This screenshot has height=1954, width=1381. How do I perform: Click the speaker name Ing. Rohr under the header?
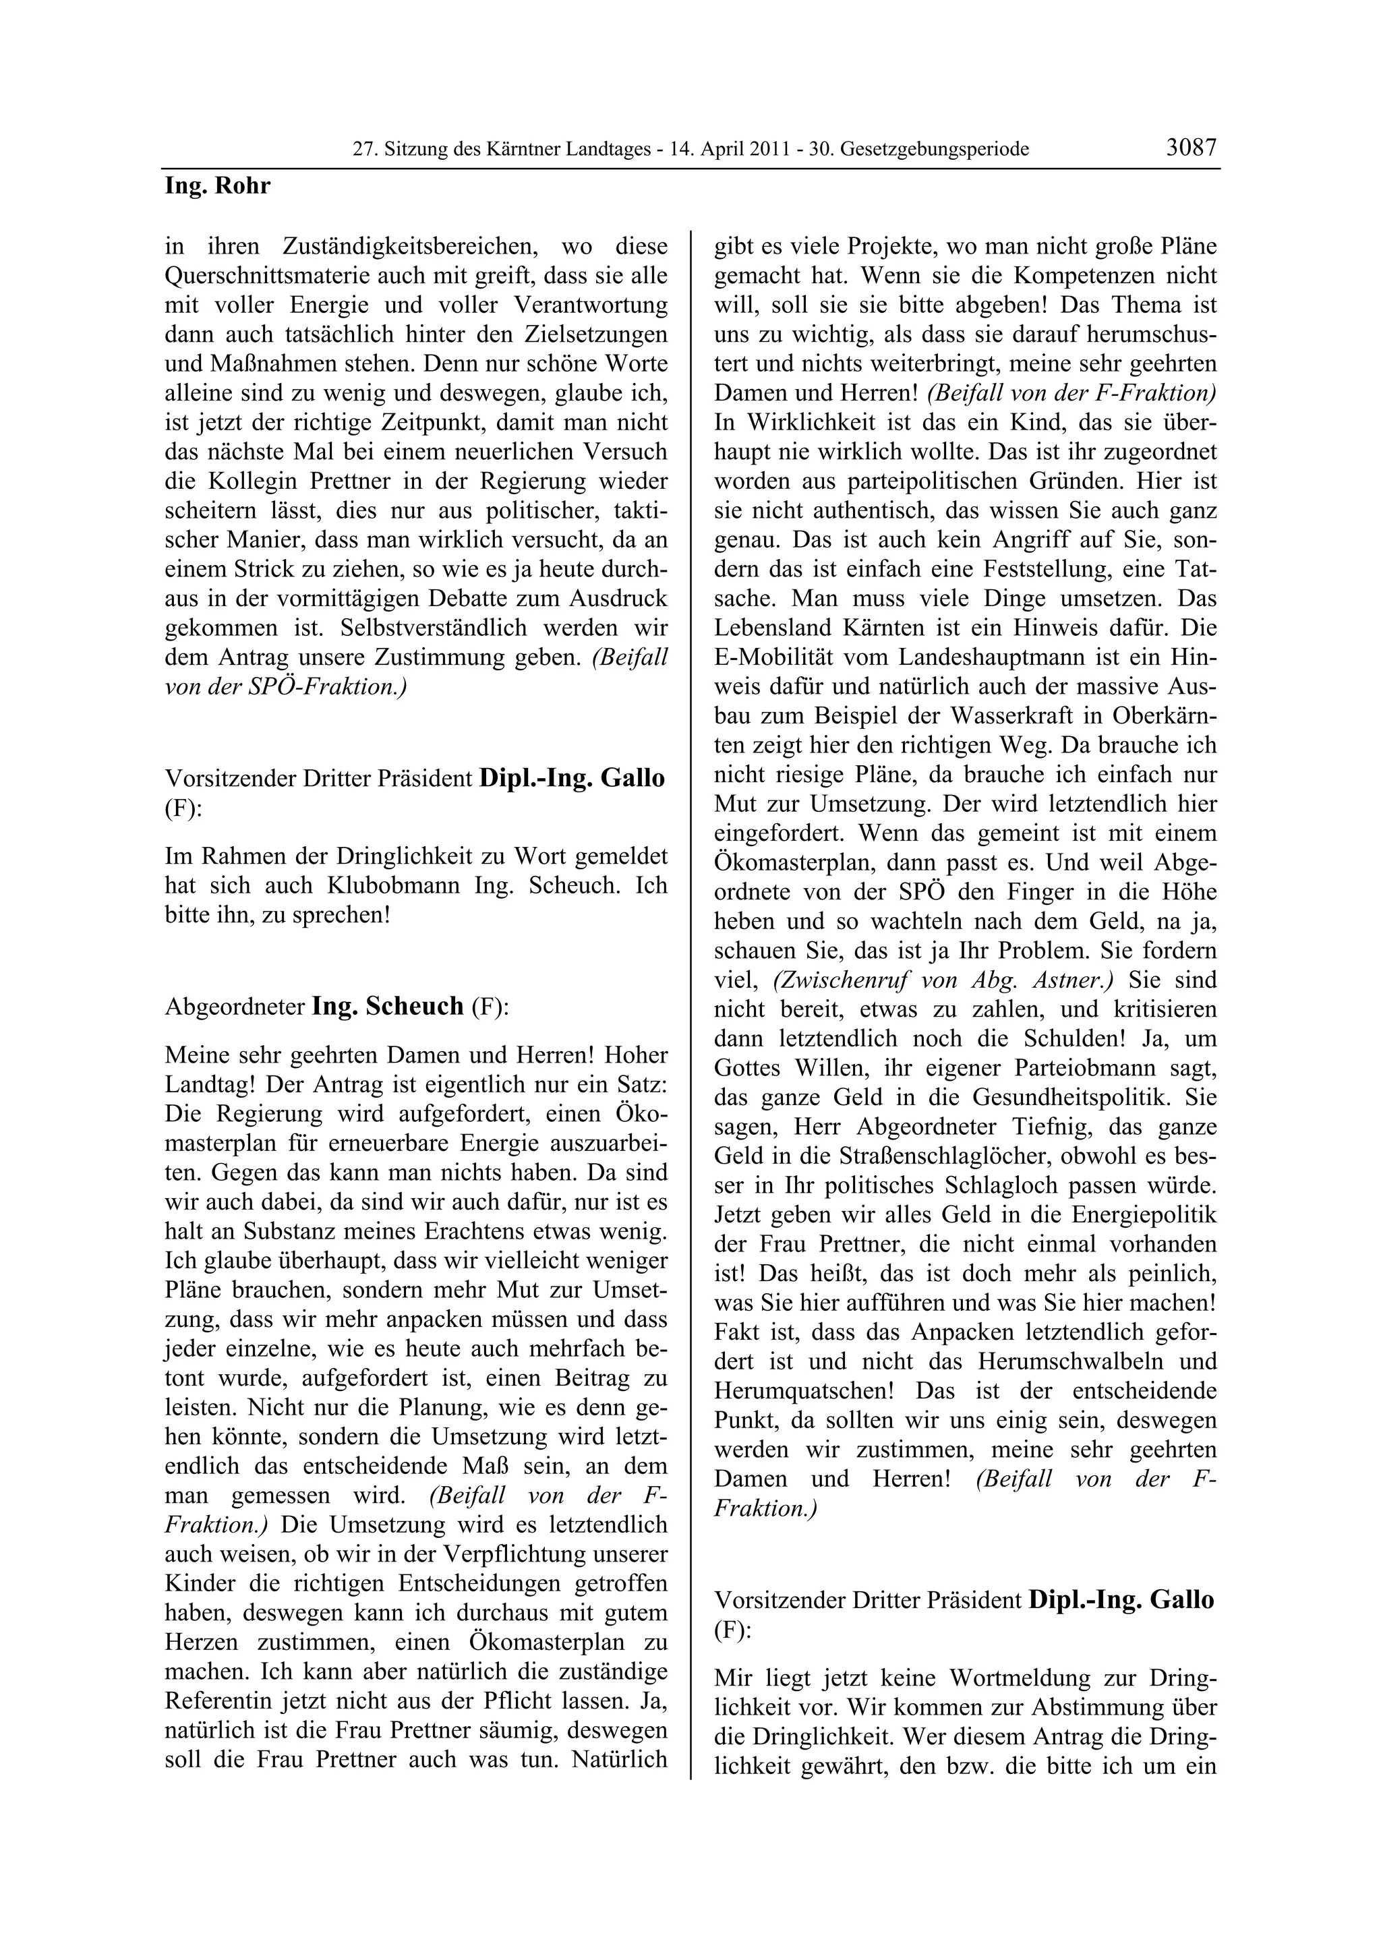click(217, 185)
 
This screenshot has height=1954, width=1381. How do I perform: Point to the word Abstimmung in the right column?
click(1097, 1707)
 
